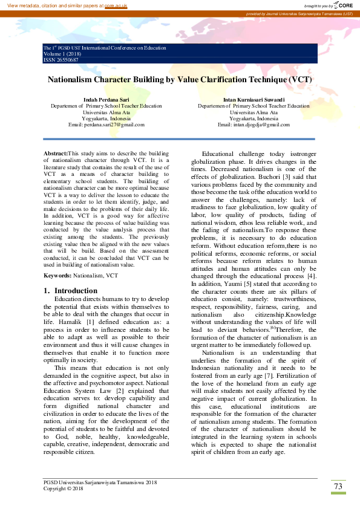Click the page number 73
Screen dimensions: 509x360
(x=338, y=487)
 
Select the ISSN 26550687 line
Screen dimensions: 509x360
(x=61, y=60)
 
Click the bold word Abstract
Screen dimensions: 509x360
(x=56, y=155)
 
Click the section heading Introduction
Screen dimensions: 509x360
(x=76, y=291)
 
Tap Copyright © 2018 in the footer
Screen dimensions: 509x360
(x=64, y=488)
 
